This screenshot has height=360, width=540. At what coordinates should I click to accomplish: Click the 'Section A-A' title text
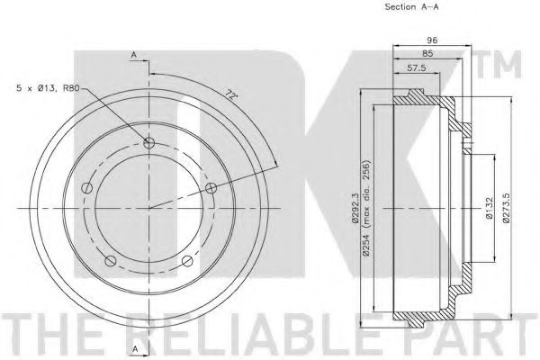[411, 6]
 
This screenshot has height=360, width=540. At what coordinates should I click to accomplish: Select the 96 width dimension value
[432, 40]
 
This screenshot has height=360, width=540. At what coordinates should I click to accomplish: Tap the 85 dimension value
[427, 54]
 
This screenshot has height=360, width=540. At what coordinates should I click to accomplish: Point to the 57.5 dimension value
[417, 67]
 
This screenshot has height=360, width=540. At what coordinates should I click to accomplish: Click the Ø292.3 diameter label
[355, 209]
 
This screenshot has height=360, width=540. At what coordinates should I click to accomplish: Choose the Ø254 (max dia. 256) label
[366, 208]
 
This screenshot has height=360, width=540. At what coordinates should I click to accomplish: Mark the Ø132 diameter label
[490, 208]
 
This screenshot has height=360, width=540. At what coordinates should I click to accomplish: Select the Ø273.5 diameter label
[506, 208]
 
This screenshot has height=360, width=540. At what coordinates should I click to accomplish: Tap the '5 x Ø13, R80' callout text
[48, 88]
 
